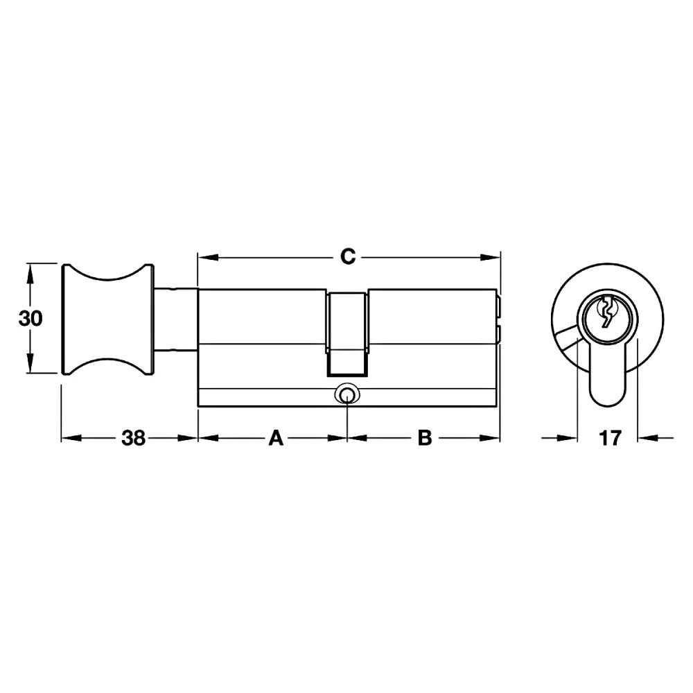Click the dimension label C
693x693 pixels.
[x=348, y=257]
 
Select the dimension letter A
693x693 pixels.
[x=276, y=438]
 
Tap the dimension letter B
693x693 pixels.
[x=425, y=438]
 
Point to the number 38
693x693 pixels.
[x=134, y=438]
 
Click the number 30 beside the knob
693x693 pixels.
[x=30, y=318]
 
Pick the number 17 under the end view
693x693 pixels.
[x=610, y=438]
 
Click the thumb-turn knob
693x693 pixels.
[x=108, y=319]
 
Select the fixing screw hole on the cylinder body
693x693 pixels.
[x=347, y=394]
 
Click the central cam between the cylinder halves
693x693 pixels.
[x=347, y=334]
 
